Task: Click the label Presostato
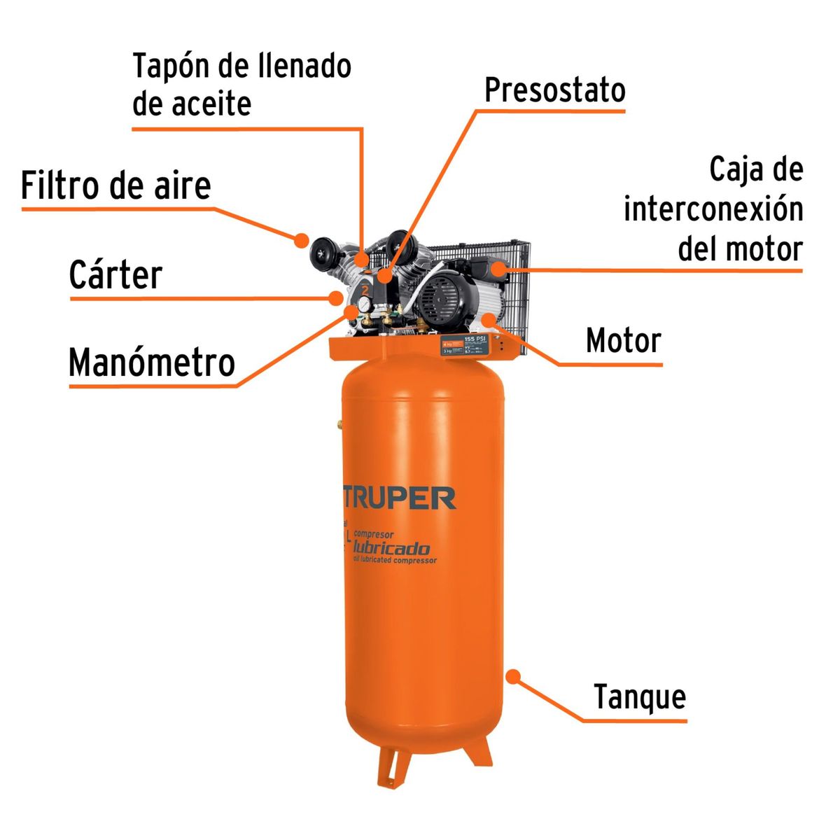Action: [554, 90]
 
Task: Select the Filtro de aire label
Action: [115, 185]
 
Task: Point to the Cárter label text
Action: [115, 274]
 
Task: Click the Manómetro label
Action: [151, 363]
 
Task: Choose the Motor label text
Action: [623, 341]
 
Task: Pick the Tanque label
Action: [640, 697]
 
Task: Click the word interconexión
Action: [713, 209]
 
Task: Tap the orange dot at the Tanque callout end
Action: [513, 676]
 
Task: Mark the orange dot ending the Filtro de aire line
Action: [302, 240]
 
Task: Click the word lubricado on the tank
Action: [392, 548]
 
